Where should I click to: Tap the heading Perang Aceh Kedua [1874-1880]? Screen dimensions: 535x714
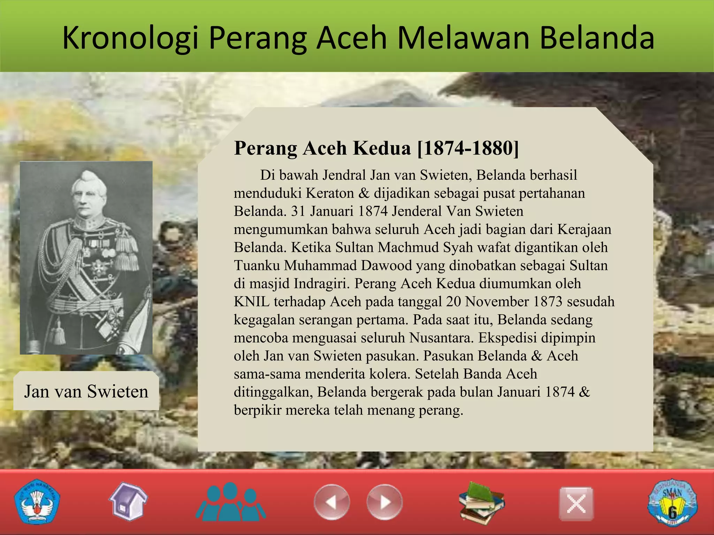point(376,148)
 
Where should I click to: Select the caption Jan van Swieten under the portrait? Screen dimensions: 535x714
point(86,391)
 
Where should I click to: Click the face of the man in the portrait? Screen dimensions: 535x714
point(86,201)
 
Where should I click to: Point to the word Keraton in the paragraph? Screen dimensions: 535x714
point(330,193)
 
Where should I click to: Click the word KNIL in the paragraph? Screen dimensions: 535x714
point(251,302)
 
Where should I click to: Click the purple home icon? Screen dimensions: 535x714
point(128,502)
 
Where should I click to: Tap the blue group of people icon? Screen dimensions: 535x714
point(230,502)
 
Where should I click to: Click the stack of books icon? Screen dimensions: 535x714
point(481,503)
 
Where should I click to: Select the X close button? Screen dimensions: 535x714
point(576,504)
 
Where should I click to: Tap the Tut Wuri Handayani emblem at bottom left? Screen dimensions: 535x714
point(37,502)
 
